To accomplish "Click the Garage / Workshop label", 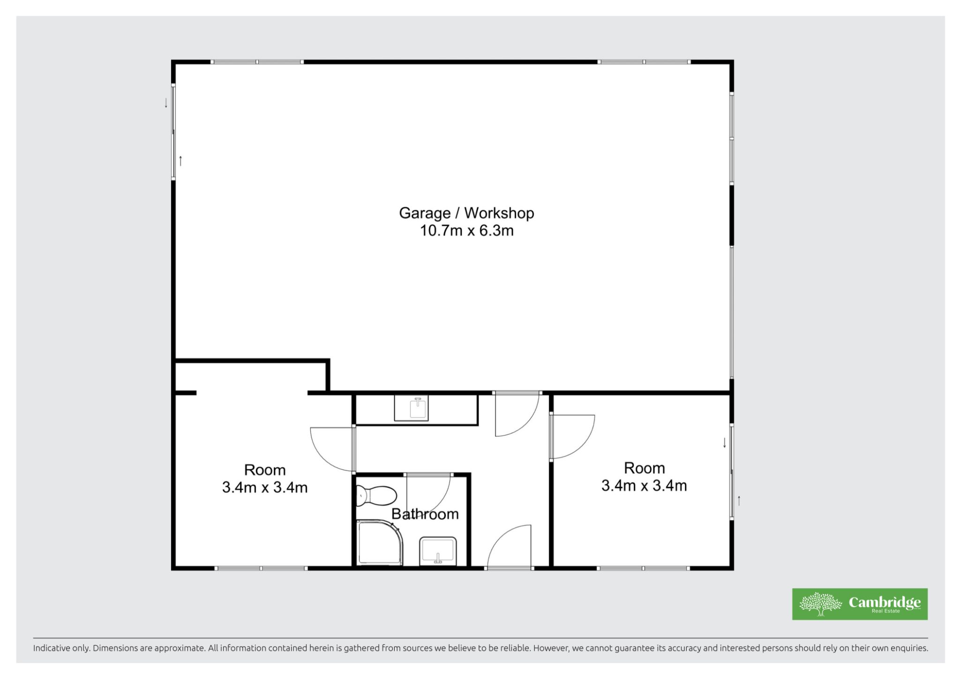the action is pyautogui.click(x=466, y=214).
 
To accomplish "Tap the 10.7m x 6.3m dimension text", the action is pyautogui.click(x=466, y=231).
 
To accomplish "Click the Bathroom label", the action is pyautogui.click(x=425, y=514).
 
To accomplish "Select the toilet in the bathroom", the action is pyautogui.click(x=376, y=495).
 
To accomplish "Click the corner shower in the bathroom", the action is pyautogui.click(x=379, y=542).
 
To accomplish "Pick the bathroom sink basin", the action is pyautogui.click(x=437, y=551).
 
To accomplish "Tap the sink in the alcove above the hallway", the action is pyautogui.click(x=411, y=408).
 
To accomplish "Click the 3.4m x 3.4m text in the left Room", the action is pyautogui.click(x=265, y=487).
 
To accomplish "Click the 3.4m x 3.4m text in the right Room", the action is pyautogui.click(x=644, y=485).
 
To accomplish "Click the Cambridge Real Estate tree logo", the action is pyautogui.click(x=820, y=604).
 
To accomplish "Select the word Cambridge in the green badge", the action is pyautogui.click(x=885, y=602).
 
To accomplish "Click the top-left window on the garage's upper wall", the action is pyautogui.click(x=257, y=62).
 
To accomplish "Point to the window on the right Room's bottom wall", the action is pyautogui.click(x=644, y=568).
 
